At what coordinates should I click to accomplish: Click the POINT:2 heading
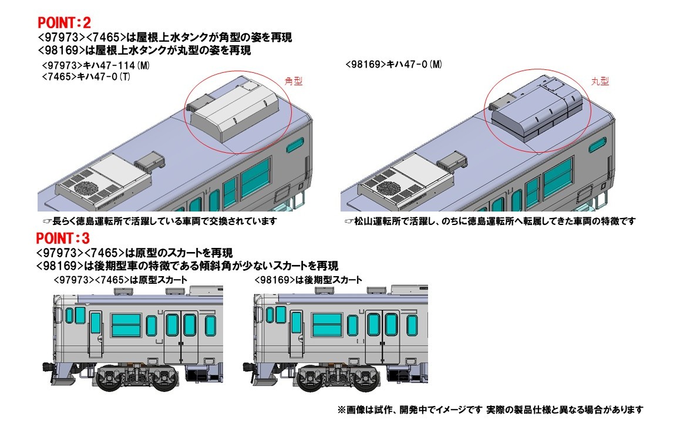(64, 22)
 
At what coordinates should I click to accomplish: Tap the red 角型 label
(294, 81)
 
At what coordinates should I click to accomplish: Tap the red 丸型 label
(599, 81)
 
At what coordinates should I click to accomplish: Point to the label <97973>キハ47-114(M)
(96, 65)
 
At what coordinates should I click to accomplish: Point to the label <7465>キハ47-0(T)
(86, 76)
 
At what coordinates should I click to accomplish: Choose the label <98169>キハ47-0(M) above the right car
(394, 65)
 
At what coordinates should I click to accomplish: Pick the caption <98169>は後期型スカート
(308, 280)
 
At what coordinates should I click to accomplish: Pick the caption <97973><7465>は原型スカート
(120, 280)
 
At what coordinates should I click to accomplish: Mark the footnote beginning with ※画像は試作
(490, 409)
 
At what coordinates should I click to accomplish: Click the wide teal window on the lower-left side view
(126, 325)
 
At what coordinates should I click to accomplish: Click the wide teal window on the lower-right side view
(327, 325)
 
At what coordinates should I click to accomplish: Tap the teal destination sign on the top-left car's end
(295, 146)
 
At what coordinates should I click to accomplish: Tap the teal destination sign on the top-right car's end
(598, 145)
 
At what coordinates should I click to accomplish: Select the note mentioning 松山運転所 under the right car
(490, 221)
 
